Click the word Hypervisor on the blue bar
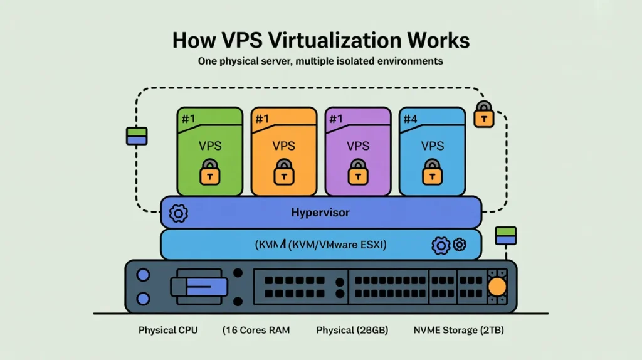(320, 213)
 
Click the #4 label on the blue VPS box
(411, 119)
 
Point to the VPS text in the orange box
(284, 146)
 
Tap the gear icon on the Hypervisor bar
(179, 213)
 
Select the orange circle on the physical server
(497, 287)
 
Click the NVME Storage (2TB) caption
(458, 330)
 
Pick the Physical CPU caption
(168, 330)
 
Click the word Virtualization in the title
(320, 41)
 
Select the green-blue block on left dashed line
(137, 136)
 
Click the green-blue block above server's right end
(505, 236)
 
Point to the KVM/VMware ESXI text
(337, 245)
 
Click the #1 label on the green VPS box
(188, 119)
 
